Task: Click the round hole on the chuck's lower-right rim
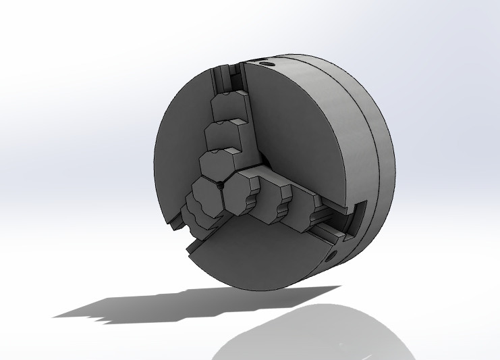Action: click(x=332, y=255)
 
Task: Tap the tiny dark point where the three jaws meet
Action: click(x=220, y=183)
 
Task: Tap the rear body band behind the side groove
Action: click(x=385, y=169)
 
